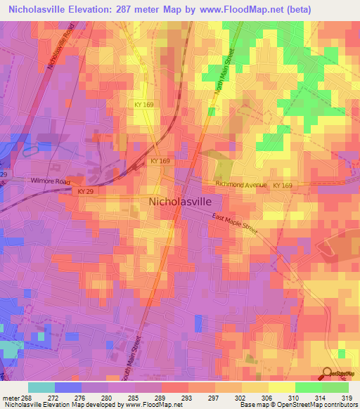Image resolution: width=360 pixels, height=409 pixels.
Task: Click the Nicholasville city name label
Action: [x=180, y=201]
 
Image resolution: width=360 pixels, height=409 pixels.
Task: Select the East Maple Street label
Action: [x=236, y=226]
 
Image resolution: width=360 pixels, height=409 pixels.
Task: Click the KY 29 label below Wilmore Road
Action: [x=86, y=191]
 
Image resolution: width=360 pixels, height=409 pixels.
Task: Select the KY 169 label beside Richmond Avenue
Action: [x=283, y=185]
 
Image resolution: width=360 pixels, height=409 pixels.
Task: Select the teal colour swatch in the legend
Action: [x=41, y=387]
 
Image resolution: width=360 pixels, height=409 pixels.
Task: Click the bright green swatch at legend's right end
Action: [x=335, y=387]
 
